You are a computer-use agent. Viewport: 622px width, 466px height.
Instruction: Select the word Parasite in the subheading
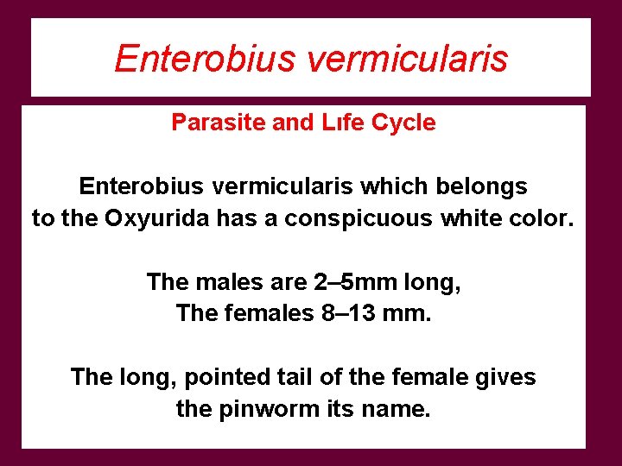click(219, 123)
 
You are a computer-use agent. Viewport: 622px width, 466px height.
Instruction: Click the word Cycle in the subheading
click(403, 123)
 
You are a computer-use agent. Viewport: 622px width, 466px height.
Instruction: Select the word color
click(541, 218)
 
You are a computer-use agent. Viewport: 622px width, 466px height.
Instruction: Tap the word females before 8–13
click(264, 313)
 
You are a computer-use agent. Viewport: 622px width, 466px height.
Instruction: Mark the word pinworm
click(278, 409)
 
